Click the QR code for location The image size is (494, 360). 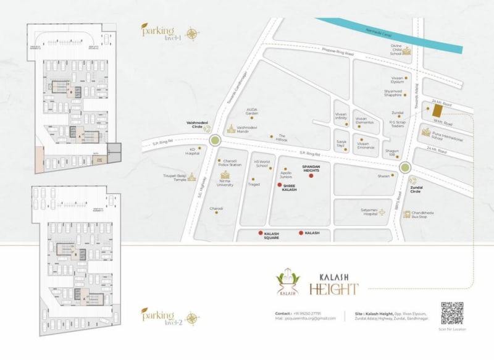451,312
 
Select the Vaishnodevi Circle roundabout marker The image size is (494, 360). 214,141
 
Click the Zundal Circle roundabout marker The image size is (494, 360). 405,167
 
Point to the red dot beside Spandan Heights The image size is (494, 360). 311,176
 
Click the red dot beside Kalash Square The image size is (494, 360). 260,233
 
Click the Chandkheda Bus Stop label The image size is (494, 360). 423,214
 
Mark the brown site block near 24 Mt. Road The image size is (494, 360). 437,111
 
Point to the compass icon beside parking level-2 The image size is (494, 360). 192,319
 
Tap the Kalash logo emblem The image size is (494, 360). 287,281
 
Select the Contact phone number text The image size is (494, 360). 308,314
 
